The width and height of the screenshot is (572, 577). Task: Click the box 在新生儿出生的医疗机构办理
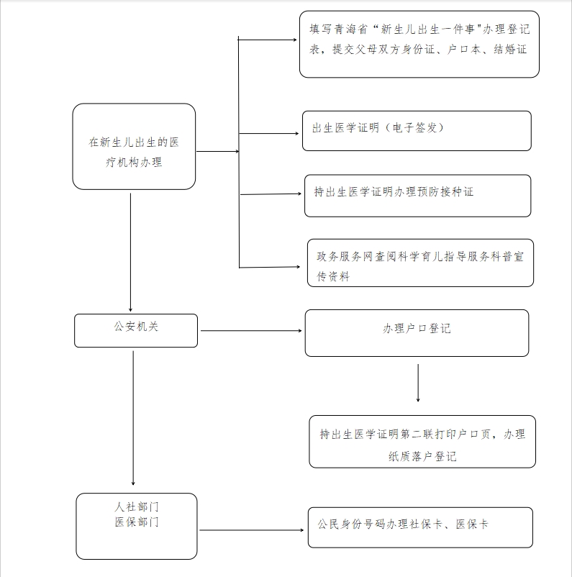(134, 147)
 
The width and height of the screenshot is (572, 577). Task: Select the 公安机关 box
(136, 330)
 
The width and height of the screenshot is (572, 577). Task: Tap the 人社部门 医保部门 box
(137, 526)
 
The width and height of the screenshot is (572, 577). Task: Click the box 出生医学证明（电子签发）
(417, 131)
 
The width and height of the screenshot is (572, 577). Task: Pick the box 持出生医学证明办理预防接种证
(418, 196)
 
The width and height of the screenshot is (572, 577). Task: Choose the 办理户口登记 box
(417, 333)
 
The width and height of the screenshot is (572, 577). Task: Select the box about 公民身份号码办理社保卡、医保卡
(420, 527)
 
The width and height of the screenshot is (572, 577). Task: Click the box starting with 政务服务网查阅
(420, 263)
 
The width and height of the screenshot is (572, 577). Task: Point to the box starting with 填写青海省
(419, 44)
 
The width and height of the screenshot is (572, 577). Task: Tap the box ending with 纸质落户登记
(422, 442)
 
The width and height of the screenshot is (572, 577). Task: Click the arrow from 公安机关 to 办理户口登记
(251, 330)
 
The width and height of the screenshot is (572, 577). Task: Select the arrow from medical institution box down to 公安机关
(130, 253)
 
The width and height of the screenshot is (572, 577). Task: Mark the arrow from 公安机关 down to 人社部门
(133, 418)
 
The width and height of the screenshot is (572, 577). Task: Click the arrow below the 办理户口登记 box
(418, 383)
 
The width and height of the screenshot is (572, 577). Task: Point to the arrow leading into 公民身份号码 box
(251, 530)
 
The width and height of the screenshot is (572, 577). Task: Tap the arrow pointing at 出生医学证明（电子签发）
(268, 133)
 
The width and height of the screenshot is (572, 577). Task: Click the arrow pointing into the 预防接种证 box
(271, 194)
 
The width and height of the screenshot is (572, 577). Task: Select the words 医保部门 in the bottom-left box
(137, 522)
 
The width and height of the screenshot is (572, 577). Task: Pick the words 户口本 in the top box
(464, 50)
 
